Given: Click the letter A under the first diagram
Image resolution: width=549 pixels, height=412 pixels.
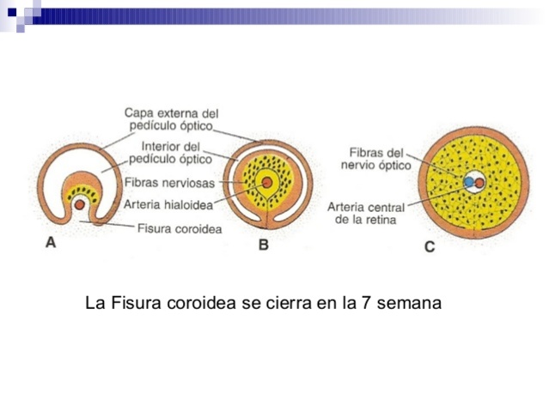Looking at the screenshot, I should click(51, 243).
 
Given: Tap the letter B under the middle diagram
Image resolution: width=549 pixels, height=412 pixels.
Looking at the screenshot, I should click(264, 245).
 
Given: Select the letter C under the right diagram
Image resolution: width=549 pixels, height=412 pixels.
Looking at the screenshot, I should click(429, 247).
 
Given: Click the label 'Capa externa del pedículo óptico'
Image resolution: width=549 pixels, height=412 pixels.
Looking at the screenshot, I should click(172, 119).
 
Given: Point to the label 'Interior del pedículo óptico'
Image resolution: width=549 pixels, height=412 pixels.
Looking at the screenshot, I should click(170, 153).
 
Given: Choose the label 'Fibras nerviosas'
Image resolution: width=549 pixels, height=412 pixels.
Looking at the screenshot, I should click(169, 183).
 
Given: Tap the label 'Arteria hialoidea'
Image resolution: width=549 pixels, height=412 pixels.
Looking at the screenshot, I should click(168, 204).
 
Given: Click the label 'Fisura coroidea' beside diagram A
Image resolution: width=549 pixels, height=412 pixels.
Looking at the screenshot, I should click(180, 228).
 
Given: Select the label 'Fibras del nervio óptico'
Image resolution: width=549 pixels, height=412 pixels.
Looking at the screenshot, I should click(380, 159).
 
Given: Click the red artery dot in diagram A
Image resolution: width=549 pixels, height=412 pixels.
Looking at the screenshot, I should click(79, 205).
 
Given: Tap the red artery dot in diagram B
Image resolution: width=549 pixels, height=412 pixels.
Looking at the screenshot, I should click(267, 183).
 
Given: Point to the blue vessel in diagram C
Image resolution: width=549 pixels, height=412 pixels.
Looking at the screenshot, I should click(469, 182).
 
